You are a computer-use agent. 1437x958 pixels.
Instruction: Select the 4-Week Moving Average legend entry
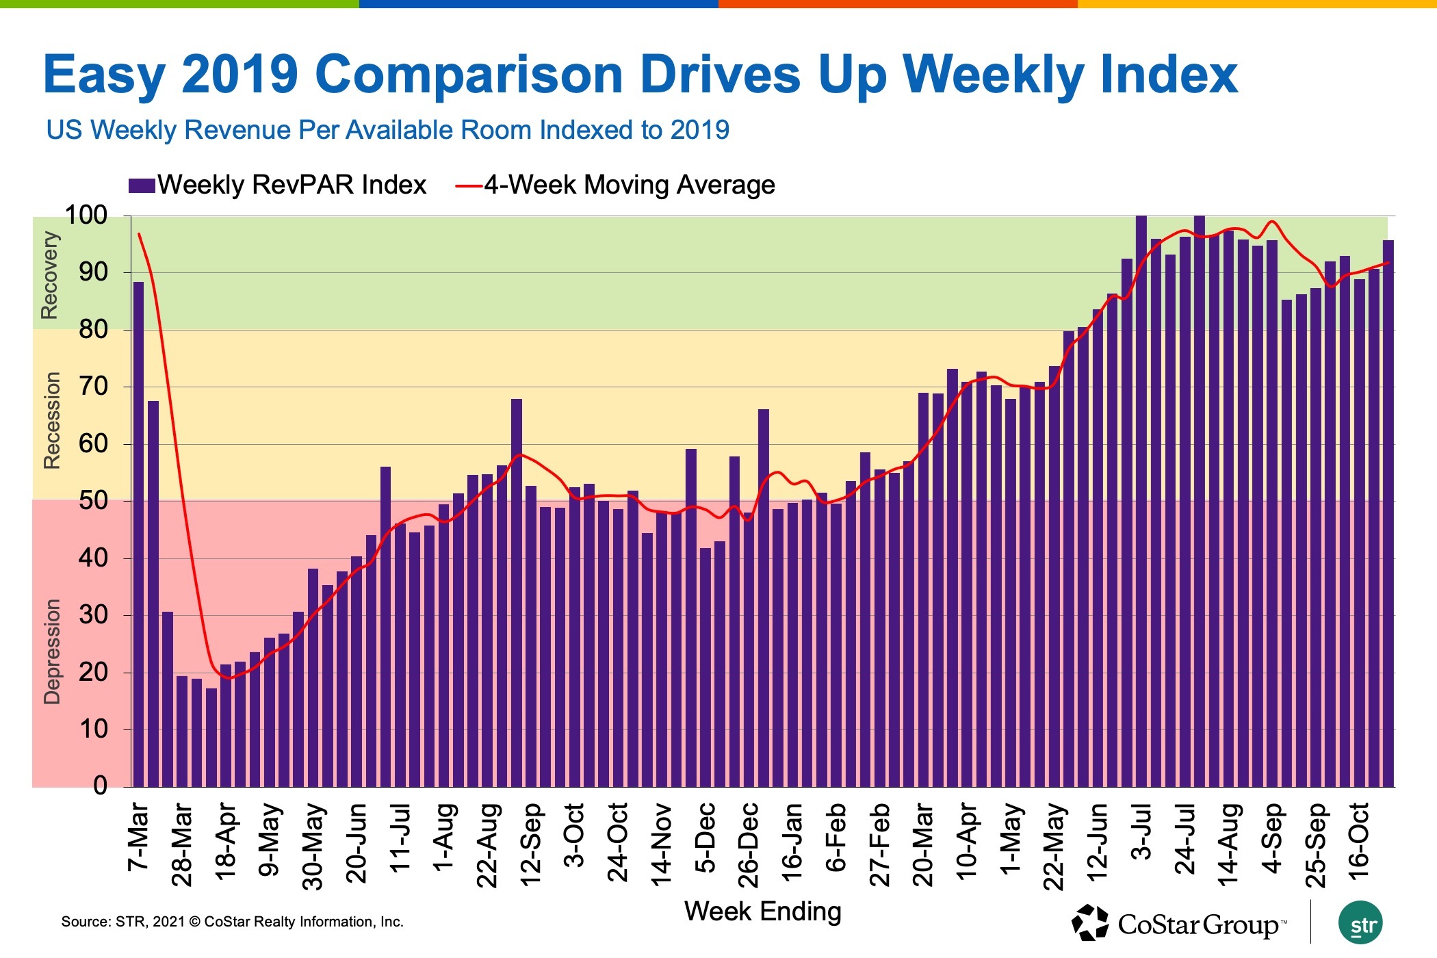[x=616, y=185]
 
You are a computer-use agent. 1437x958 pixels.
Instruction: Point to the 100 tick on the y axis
[x=86, y=216]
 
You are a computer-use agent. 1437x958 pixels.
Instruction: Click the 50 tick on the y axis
[x=93, y=501]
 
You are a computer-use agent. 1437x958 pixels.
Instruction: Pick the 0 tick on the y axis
[x=100, y=786]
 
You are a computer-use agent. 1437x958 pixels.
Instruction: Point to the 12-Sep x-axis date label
[x=531, y=844]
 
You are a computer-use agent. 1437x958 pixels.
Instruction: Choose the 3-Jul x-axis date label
[x=1141, y=832]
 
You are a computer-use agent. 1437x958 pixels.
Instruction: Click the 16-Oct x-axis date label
[x=1359, y=842]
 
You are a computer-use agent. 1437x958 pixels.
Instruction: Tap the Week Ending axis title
[x=762, y=911]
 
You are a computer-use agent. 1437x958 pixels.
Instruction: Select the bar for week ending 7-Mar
[x=138, y=534]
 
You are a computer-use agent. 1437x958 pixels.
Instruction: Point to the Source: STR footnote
[x=233, y=922]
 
